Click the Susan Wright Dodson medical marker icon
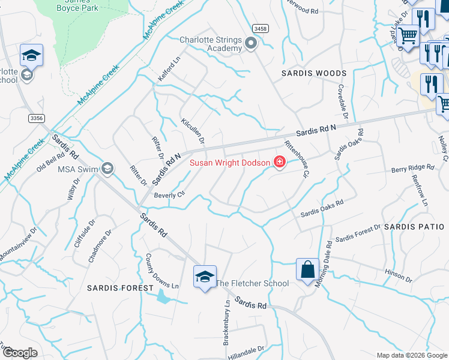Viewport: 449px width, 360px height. point(279,162)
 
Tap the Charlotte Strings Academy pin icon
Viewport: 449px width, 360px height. point(251,42)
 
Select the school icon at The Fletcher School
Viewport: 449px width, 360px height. point(205,277)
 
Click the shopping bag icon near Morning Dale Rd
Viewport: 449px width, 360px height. point(307,269)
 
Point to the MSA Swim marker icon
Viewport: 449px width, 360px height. point(107,168)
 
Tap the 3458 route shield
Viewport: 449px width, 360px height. point(261,28)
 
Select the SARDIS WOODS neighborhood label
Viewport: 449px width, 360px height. point(315,73)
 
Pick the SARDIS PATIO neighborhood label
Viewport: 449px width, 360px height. point(414,227)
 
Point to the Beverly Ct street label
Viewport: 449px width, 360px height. point(169,195)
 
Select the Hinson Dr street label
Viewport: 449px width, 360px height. point(399,275)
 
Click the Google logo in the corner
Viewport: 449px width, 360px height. point(20,353)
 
